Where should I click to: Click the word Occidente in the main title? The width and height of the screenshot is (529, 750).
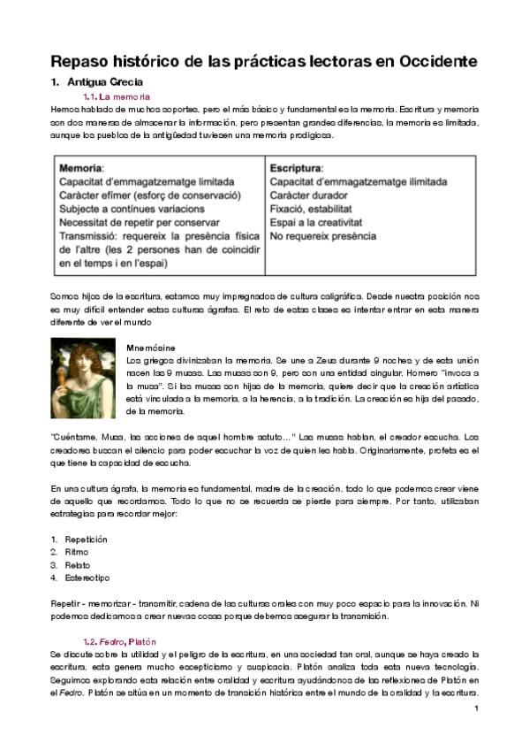(x=427, y=61)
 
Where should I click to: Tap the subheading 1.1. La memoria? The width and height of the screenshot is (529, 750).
(x=116, y=96)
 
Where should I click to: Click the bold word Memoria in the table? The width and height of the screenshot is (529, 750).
(x=80, y=167)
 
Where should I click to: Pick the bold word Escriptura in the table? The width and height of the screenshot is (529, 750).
(x=296, y=167)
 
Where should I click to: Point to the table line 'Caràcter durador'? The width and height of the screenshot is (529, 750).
(x=308, y=195)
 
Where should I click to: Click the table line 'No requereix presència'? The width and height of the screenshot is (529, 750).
(x=322, y=236)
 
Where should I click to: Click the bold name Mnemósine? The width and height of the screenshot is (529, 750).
(x=151, y=348)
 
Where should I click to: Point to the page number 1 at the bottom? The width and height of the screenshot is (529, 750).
(x=475, y=708)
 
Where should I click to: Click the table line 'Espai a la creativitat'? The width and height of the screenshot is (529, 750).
(x=316, y=222)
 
